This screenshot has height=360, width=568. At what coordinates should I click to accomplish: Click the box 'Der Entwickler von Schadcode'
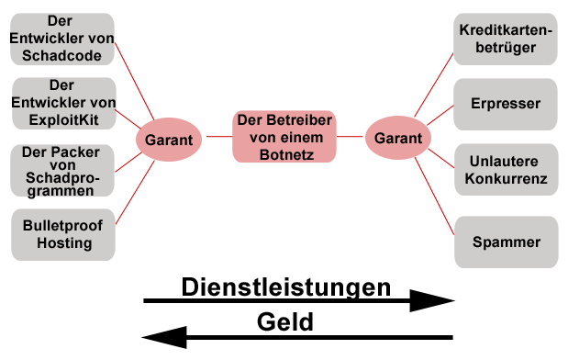click(62, 39)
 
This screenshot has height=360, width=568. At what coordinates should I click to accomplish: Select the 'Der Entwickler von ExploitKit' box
click(63, 104)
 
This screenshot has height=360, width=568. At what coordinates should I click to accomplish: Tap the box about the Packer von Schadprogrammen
click(62, 171)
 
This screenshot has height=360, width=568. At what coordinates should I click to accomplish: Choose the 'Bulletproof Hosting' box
click(63, 234)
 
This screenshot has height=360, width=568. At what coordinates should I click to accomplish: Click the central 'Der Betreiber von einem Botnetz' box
click(284, 137)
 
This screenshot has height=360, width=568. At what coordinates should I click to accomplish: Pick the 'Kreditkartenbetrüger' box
click(506, 39)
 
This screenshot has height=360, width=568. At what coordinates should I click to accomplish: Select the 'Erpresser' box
click(506, 105)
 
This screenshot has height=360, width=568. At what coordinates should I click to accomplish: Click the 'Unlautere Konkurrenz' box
click(507, 170)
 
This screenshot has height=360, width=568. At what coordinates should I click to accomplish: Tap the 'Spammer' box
click(507, 242)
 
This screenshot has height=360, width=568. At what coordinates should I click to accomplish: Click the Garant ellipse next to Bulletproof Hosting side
click(169, 140)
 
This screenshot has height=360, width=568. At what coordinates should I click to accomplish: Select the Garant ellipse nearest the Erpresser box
click(398, 138)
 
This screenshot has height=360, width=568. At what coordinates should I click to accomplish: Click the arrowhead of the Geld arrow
click(142, 338)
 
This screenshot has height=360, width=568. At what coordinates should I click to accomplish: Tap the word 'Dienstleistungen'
click(286, 287)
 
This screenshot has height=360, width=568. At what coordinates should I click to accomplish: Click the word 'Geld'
click(285, 322)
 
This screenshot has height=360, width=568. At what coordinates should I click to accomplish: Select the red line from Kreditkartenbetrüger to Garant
click(434, 85)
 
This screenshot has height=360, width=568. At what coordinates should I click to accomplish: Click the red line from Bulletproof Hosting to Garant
click(135, 193)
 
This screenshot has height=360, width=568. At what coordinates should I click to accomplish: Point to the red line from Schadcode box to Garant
click(134, 81)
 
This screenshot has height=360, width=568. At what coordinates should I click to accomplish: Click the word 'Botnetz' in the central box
click(286, 155)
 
